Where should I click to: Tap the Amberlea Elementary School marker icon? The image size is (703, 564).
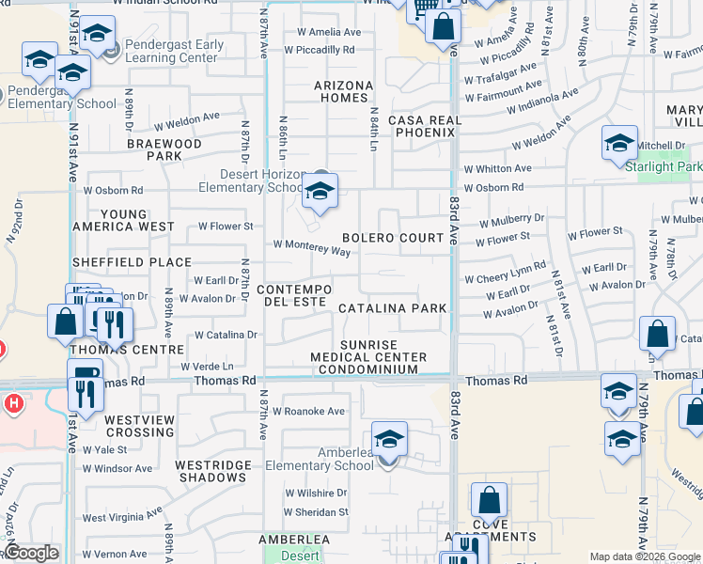[389, 440]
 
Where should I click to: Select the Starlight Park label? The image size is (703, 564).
[663, 166]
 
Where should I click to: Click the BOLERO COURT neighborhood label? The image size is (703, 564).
[393, 238]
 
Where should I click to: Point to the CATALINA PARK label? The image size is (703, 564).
[392, 308]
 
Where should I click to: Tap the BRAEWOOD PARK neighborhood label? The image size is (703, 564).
[164, 149]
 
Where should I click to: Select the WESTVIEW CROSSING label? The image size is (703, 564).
[139, 426]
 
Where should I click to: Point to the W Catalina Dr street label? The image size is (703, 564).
[226, 335]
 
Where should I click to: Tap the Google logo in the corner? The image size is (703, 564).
[31, 553]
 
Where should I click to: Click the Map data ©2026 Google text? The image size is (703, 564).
[644, 556]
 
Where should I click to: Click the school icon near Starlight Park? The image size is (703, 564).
[619, 143]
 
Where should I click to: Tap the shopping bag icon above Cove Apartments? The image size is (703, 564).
[489, 500]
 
